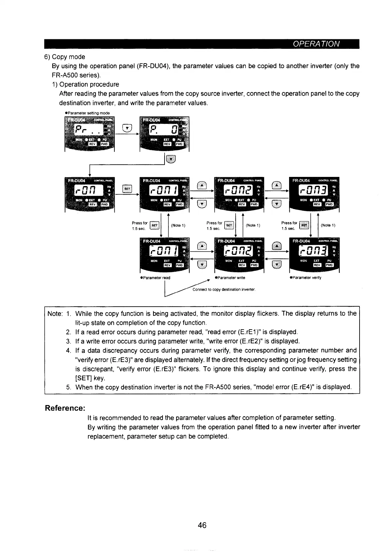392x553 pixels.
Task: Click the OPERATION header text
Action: click(316, 44)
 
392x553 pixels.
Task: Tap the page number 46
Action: click(202, 525)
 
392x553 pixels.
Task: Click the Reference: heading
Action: click(65, 408)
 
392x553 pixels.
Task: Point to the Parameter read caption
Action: click(155, 277)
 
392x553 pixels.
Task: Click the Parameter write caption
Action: click(230, 277)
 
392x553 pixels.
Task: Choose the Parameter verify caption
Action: click(306, 277)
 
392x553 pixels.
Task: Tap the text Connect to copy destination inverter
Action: click(224, 290)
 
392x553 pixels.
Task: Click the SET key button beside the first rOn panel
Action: click(127, 188)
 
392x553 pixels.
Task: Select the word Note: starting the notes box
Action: click(55, 314)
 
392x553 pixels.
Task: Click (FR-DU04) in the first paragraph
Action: click(153, 66)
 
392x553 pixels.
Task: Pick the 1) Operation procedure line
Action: click(86, 84)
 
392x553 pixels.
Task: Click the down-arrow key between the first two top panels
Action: click(127, 128)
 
